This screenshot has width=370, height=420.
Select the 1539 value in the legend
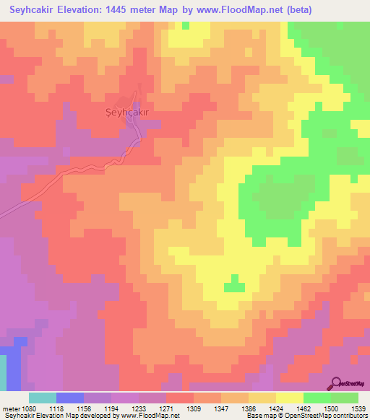pyautogui.click(x=359, y=408)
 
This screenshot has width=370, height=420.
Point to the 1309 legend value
pyautogui.click(x=194, y=408)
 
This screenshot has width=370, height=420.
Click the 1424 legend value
pyautogui.click(x=277, y=408)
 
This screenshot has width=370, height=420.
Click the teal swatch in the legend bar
pyautogui.click(x=43, y=398)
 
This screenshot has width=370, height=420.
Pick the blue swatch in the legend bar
pyautogui.click(x=70, y=398)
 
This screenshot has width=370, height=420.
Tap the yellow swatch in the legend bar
pyautogui.click(x=289, y=398)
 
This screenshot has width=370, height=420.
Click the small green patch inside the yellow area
pyautogui.click(x=233, y=286)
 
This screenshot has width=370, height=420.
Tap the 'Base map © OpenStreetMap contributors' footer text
pyautogui.click(x=306, y=416)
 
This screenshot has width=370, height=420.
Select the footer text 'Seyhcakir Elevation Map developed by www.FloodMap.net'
pyautogui.click(x=90, y=416)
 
